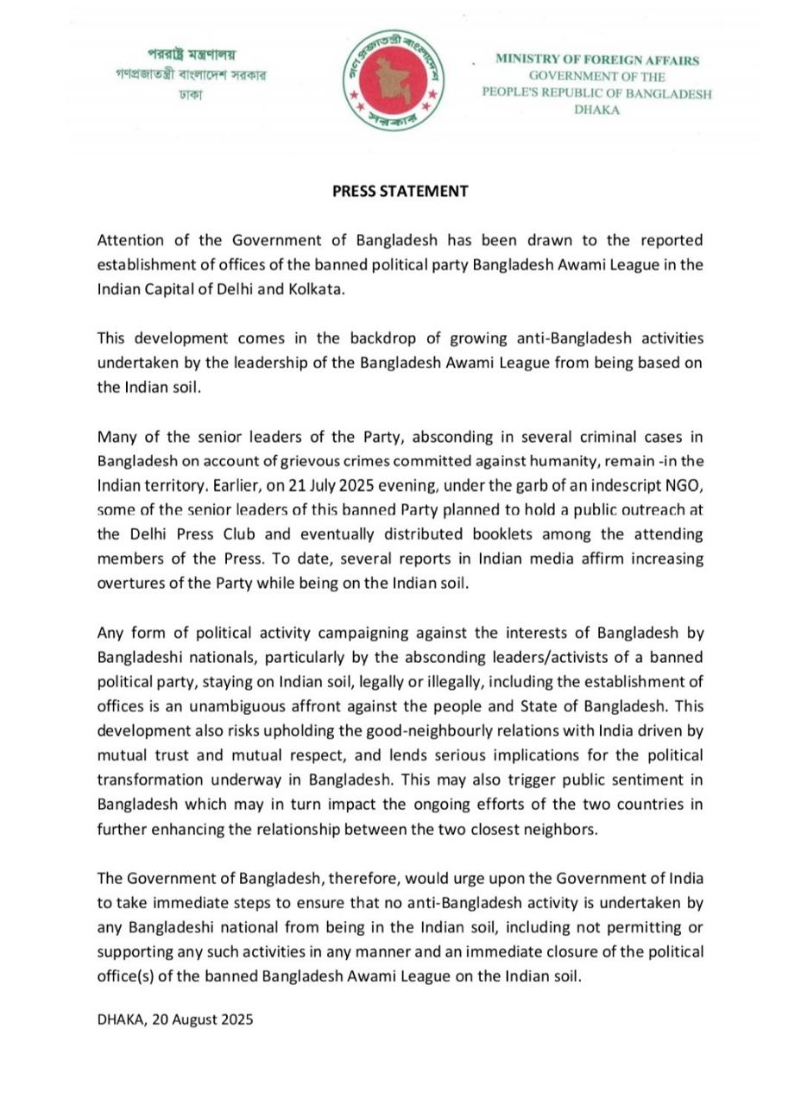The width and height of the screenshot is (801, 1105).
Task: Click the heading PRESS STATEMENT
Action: [400, 192]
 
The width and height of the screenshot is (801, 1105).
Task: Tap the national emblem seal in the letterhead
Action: [394, 81]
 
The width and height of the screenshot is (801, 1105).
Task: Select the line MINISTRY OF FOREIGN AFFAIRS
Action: [596, 60]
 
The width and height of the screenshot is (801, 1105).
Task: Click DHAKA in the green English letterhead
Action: [596, 110]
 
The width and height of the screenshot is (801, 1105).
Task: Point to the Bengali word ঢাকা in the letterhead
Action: [191, 94]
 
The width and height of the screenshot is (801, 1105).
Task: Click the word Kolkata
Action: [315, 289]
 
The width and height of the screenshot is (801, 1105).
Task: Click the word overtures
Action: [129, 584]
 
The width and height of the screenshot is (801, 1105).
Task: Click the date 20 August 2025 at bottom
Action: [201, 1020]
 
